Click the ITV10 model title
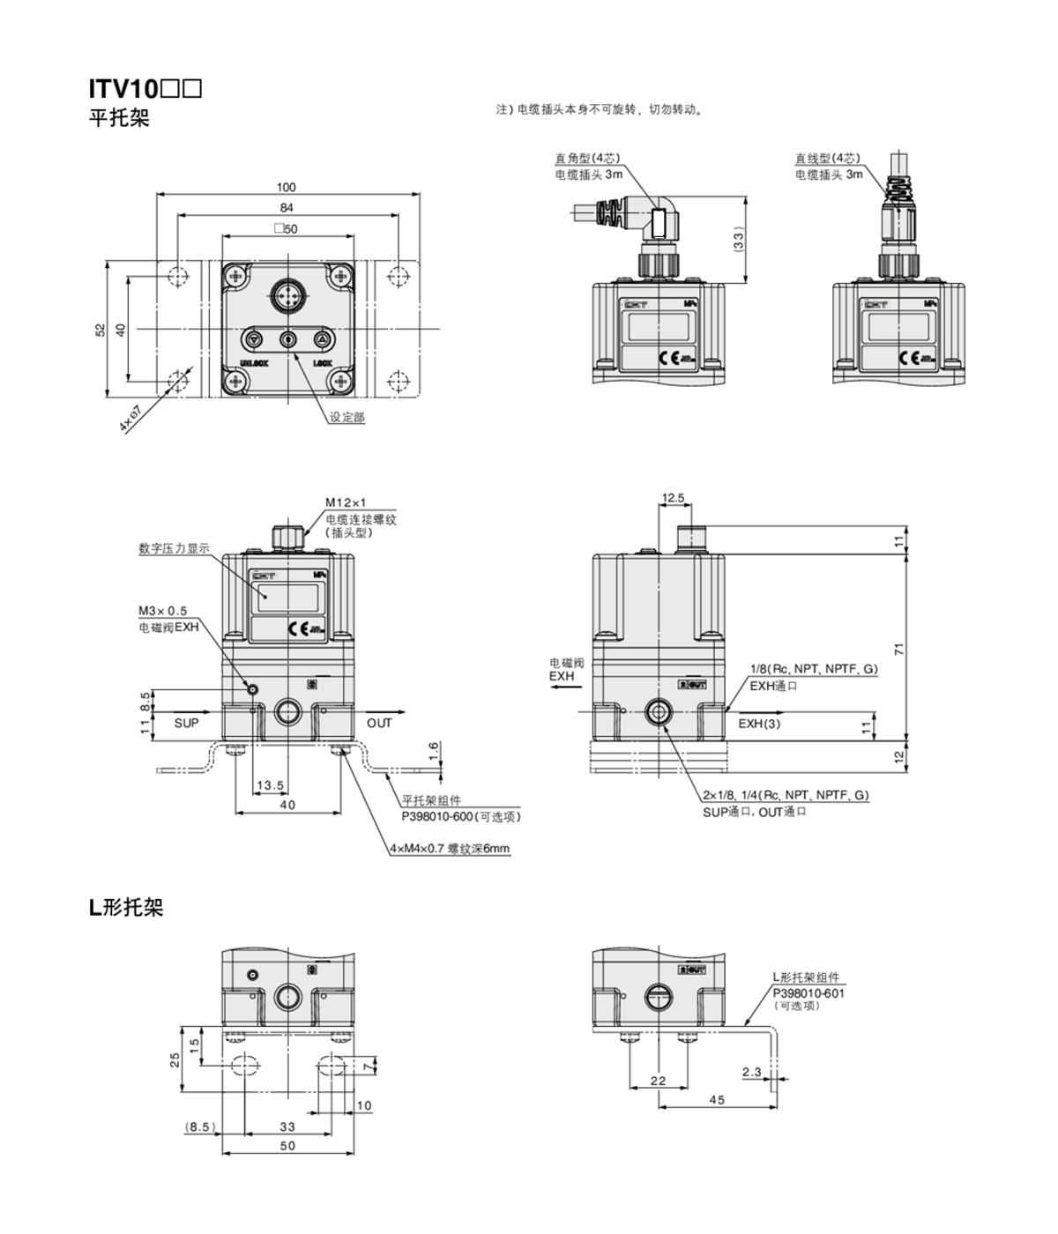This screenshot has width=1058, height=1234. tap(145, 89)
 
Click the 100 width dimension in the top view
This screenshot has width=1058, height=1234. tap(287, 187)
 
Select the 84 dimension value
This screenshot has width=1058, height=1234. tap(287, 208)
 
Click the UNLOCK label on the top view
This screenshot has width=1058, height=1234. tap(254, 363)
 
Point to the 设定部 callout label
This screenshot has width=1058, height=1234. tap(346, 417)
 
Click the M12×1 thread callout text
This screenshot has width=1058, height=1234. tap(346, 502)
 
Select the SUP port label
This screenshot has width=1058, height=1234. tap(186, 723)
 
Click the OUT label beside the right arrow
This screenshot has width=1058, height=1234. tap(379, 723)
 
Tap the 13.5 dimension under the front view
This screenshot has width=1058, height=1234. tap(270, 785)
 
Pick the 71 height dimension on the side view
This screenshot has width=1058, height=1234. tap(899, 649)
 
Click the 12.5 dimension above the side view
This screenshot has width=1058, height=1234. tap(673, 498)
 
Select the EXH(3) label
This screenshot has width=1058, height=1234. tap(759, 724)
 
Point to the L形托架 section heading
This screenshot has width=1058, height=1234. tap(126, 908)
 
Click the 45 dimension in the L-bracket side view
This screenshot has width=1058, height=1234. tap(717, 1100)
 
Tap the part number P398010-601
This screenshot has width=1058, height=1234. tap(808, 992)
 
